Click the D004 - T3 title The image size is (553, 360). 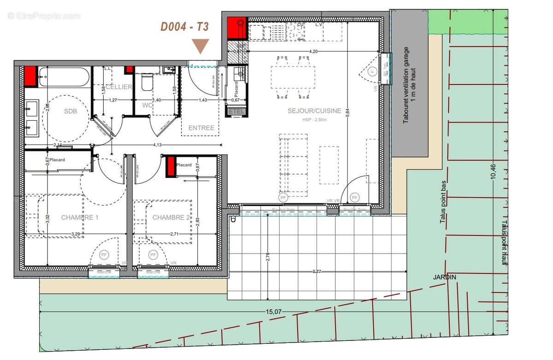pos(184,27)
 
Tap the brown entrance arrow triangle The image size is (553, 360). pos(200,46)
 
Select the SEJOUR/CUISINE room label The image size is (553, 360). pos(314,111)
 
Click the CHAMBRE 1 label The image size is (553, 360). pos(80,217)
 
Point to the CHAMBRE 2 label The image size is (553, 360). pos(171,217)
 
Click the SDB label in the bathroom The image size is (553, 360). pos(71,112)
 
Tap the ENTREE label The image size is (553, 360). pos(201,128)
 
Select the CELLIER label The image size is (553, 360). pos(119,87)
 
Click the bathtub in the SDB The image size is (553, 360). pos(64,77)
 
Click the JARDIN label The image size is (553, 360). pos(444,277)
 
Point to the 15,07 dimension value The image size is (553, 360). pos(274,312)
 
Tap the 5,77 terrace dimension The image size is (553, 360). pos(317,271)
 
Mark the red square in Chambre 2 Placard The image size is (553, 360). pos(171,166)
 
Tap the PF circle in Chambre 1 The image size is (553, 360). pos(104,254)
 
